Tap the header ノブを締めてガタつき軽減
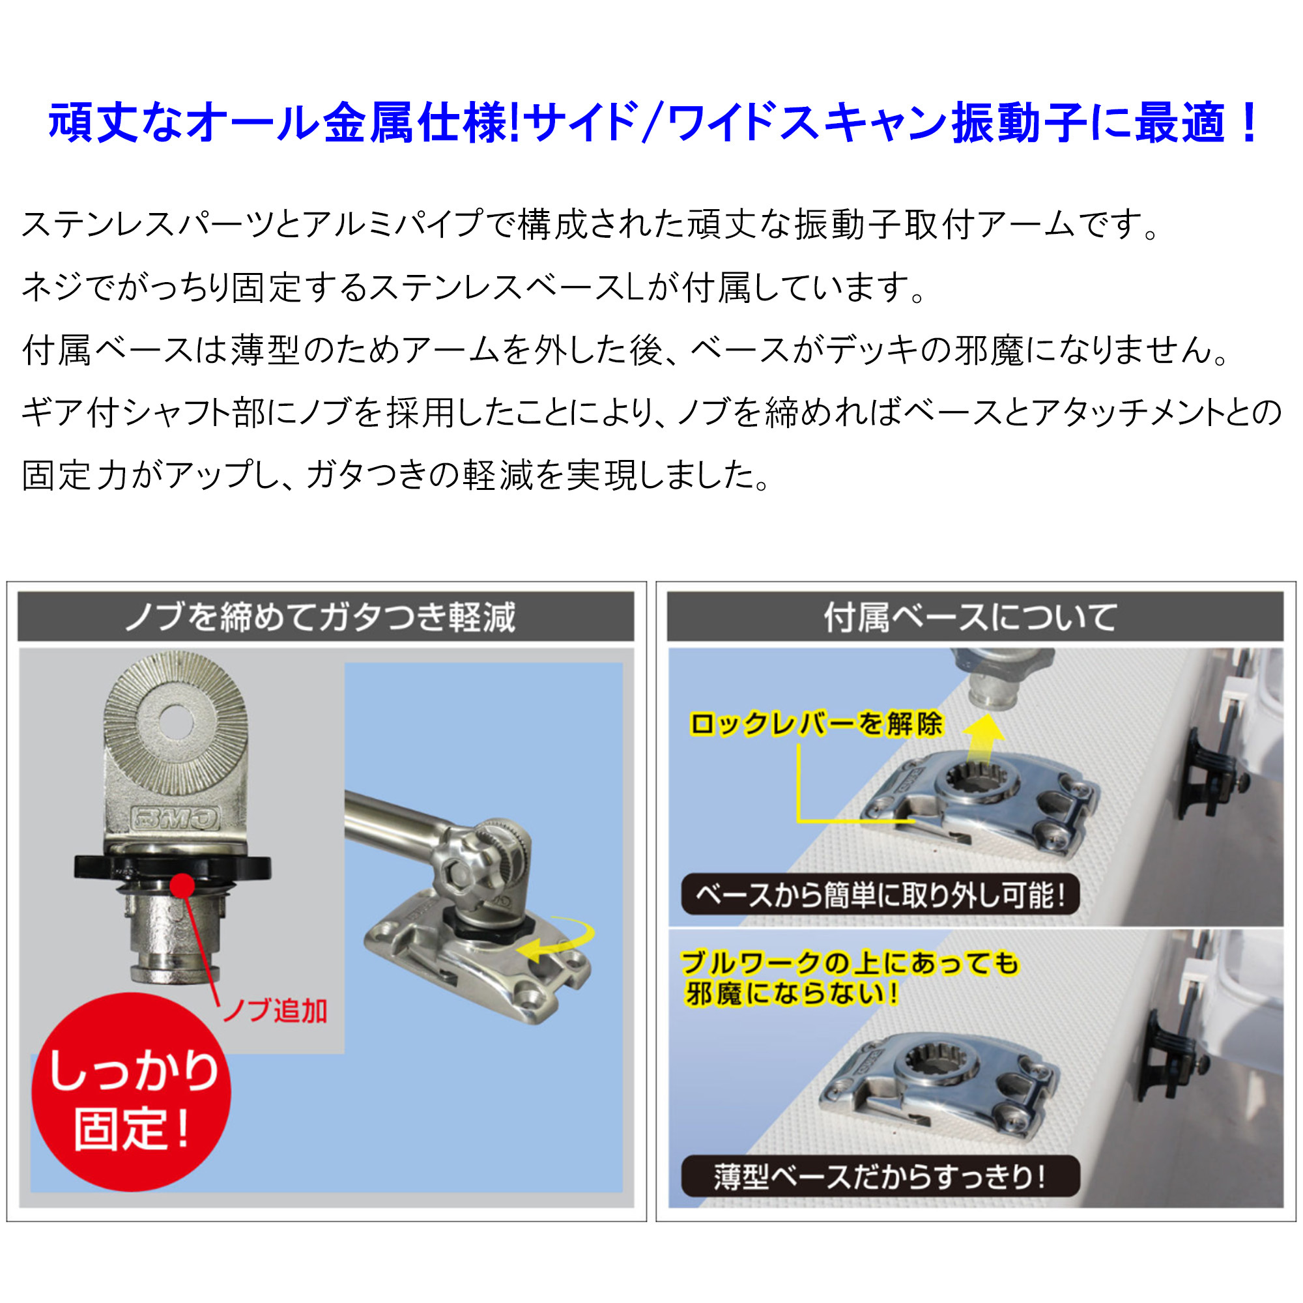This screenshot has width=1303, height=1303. coord(321,617)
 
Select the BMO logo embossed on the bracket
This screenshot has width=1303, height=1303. coord(175,819)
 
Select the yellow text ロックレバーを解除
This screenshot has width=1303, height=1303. coord(816,724)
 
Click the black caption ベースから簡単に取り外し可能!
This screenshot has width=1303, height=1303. coord(880,895)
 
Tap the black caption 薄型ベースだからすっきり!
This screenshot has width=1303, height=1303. coord(880,1177)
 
